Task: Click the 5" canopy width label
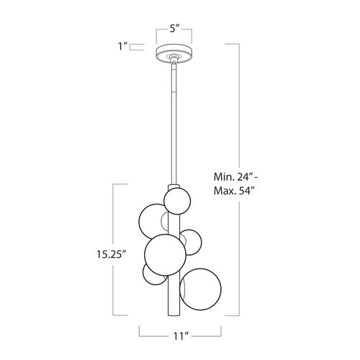pos(175,29)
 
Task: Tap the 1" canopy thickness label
pos(122,46)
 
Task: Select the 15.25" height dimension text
pos(112,254)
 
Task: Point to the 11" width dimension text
pos(181,336)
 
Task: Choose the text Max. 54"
pos(234,191)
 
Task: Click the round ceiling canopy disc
pos(174,54)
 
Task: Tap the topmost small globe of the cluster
pos(177,201)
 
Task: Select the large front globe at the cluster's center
pos(165,254)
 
